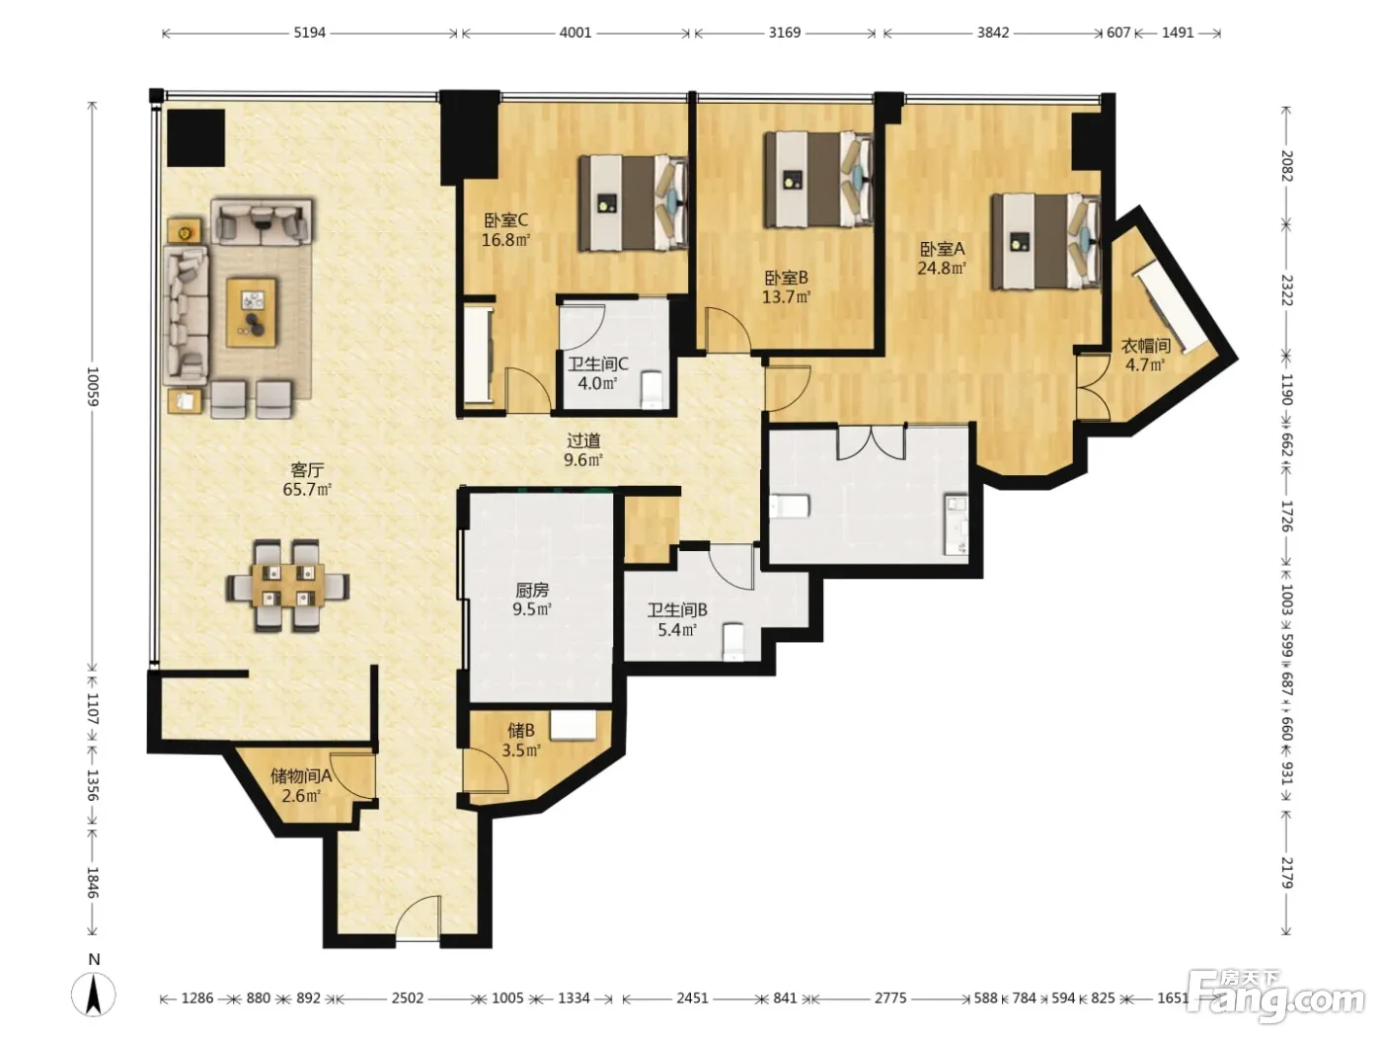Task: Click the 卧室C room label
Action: tap(505, 220)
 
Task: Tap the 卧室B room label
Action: tap(787, 278)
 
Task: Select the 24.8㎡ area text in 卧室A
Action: tap(942, 269)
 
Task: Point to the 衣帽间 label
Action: tap(1146, 346)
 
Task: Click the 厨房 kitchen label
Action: tap(532, 590)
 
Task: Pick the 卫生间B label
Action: tap(677, 609)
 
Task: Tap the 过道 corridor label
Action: tap(583, 440)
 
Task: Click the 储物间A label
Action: tap(301, 775)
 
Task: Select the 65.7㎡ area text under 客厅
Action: tap(307, 489)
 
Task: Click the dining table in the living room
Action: tap(287, 586)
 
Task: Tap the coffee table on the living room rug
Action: tap(252, 312)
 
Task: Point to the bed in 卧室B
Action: tap(818, 180)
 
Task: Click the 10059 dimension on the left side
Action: tap(93, 386)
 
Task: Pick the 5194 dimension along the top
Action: tap(310, 33)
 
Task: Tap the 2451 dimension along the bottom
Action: tap(692, 997)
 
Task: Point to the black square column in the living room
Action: tap(195, 138)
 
